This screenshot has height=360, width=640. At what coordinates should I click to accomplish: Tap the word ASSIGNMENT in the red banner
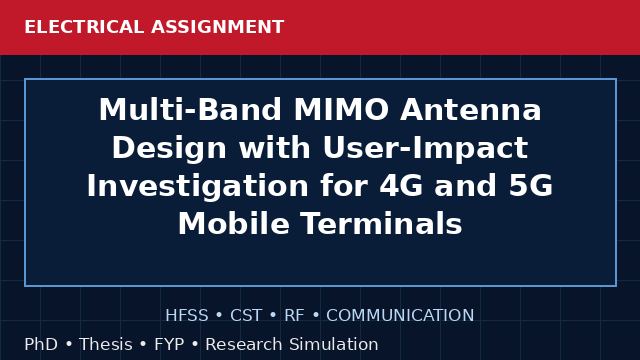(x=218, y=27)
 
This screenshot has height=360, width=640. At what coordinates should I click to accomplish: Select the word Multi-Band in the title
(x=190, y=109)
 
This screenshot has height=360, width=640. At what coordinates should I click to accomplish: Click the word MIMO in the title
(x=341, y=109)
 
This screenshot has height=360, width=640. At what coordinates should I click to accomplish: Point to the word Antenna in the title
(x=471, y=109)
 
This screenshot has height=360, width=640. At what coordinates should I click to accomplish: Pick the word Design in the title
(x=169, y=149)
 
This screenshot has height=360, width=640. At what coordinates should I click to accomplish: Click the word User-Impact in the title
(x=425, y=149)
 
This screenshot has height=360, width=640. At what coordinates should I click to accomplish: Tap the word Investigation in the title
(x=198, y=186)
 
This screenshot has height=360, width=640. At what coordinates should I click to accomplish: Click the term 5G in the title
(x=531, y=186)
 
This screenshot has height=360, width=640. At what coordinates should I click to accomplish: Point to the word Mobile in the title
(x=233, y=224)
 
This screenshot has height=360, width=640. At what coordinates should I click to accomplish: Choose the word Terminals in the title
(x=382, y=224)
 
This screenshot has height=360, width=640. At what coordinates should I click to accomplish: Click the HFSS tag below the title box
(x=187, y=316)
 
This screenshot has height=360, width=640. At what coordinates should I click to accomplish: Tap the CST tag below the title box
(x=246, y=316)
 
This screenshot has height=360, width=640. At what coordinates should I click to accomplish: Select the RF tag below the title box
(x=294, y=316)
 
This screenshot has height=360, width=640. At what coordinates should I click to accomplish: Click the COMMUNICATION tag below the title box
(x=400, y=316)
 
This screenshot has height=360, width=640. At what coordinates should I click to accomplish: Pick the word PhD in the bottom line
(x=41, y=344)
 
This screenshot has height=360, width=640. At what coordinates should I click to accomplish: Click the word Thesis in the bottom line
(x=106, y=344)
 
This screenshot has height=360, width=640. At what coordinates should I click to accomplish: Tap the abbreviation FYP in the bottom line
(x=169, y=344)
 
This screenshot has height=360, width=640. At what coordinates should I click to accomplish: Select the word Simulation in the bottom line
(x=334, y=344)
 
